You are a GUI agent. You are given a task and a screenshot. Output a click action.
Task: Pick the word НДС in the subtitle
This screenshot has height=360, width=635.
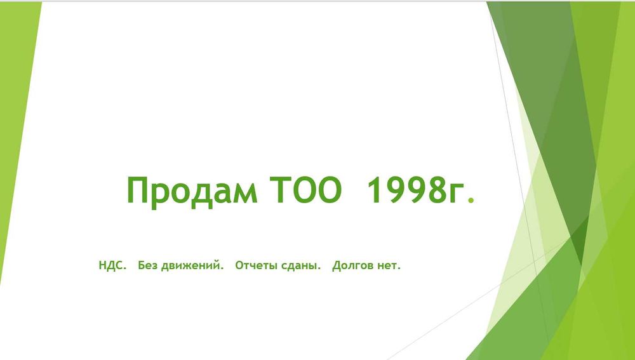coord(112,265)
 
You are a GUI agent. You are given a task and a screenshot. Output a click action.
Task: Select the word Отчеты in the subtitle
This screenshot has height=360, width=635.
coord(254,265)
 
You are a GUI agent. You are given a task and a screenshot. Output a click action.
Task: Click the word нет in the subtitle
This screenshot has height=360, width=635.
coord(388,265)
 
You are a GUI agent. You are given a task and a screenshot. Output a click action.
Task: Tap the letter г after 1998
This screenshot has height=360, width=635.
coord(458,193)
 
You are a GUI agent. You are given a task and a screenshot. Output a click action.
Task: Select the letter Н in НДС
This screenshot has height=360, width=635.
coord(102,265)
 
